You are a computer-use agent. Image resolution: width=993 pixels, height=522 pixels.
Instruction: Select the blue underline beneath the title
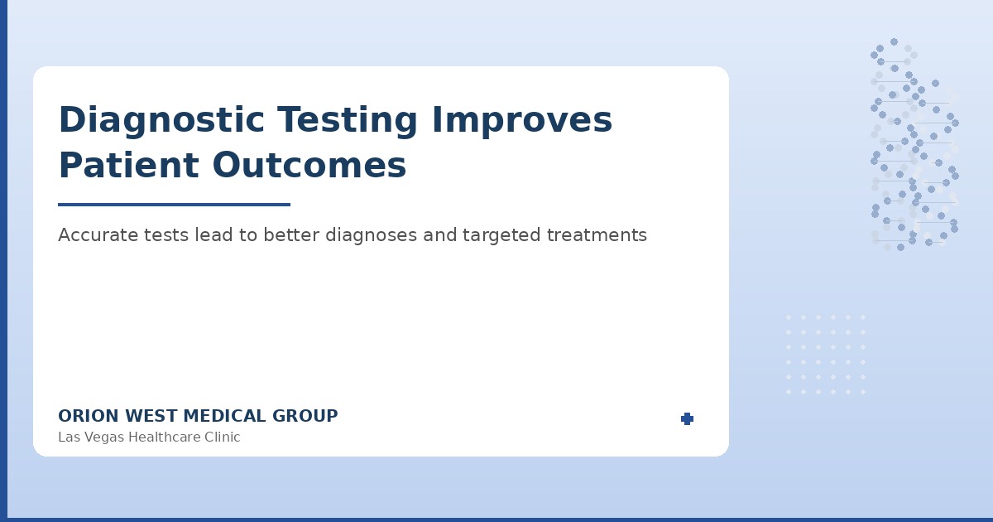point(174,205)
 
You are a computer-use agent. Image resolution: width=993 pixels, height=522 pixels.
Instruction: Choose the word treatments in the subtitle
point(597,235)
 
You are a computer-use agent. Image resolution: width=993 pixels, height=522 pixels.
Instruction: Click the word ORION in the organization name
point(84,417)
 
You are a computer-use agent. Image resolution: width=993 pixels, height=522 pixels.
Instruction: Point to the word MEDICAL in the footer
point(224,417)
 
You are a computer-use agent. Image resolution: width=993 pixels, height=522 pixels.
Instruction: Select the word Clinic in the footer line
point(219,437)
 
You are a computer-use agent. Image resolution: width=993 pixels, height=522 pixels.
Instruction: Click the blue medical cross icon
point(687,419)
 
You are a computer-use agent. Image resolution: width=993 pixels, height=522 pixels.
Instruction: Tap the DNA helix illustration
point(914,145)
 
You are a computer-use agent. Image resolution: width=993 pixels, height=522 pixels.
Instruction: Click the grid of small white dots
point(825,354)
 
